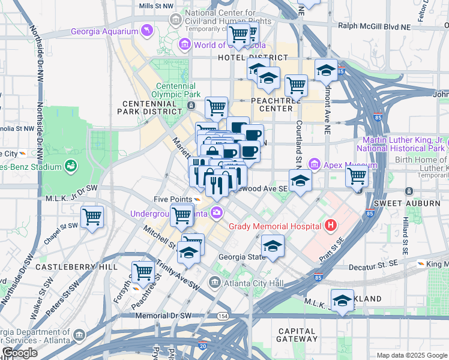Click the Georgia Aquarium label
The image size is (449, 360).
coord(103,31)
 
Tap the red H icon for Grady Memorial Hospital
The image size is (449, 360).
coord(330,226)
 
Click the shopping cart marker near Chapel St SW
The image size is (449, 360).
coord(92,217)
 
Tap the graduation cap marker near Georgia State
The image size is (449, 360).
coord(273,245)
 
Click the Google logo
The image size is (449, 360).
coord(20,353)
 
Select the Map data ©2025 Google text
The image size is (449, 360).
coord(411,355)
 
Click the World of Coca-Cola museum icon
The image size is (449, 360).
coord(185,44)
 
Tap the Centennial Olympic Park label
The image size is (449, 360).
coord(175,90)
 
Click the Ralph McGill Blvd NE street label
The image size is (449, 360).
coord(375,26)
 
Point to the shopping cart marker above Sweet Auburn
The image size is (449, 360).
coord(357,176)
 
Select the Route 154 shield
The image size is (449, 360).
coord(223,316)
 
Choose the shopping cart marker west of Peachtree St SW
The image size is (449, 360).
coord(143,272)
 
